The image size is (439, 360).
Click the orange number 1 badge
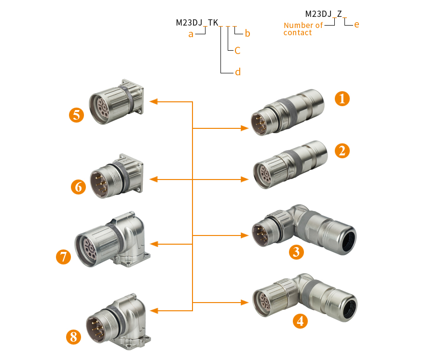tap(342, 99)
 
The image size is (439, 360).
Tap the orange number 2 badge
tap(342, 151)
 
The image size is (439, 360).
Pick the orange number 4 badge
tap(300, 320)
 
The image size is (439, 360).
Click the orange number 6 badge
tap(78, 186)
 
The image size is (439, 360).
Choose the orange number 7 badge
tap(63, 256)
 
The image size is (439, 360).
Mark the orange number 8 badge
tap(73, 336)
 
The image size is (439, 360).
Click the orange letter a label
tap(191, 34)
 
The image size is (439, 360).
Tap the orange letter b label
tap(247, 33)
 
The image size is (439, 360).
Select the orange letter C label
tap(237, 50)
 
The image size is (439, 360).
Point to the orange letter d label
tap(237, 72)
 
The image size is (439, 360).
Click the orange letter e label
tap(357, 24)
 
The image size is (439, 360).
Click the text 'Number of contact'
tap(303, 29)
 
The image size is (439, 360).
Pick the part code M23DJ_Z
tap(324, 14)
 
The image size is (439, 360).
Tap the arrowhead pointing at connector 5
tap(154, 101)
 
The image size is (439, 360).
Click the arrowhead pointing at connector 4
tap(245, 303)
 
